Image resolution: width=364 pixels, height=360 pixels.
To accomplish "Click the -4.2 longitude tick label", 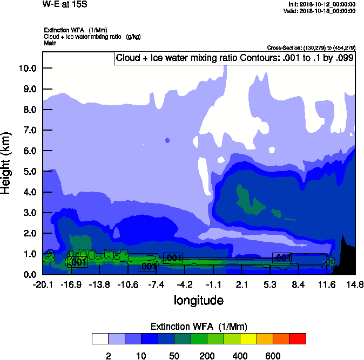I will (x=185, y=284).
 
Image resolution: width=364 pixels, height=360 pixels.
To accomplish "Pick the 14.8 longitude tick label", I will (x=355, y=284).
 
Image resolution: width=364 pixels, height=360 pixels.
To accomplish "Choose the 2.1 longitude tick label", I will (x=241, y=284).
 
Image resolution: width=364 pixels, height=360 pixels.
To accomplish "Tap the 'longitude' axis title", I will (x=198, y=300).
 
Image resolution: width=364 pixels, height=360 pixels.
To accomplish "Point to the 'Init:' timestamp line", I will (x=322, y=4).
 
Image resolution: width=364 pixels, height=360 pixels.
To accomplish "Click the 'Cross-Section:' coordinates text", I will (x=311, y=47).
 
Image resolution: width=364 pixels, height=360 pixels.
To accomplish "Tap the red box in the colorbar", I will (x=298, y=338).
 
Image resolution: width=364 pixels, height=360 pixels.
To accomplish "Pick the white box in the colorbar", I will (x=99, y=338).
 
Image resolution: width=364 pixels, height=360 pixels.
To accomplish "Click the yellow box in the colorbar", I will (x=248, y=338).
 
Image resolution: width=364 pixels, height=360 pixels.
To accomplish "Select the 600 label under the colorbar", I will (x=273, y=356).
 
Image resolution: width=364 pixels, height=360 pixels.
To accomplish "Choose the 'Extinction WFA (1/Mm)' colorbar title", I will (x=198, y=326).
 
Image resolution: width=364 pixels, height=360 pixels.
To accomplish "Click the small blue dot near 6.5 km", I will (x=167, y=140).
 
